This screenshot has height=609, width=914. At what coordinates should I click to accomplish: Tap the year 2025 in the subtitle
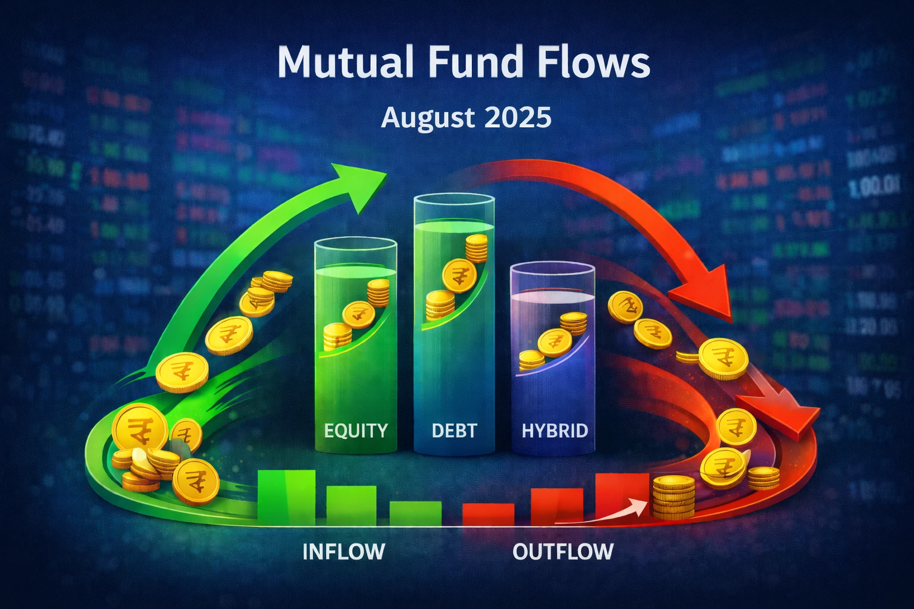518,117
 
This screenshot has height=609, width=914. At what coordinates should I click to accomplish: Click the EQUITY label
356,430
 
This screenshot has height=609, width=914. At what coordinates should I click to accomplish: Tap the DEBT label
454,430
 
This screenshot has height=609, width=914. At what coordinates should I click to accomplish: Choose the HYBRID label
555,430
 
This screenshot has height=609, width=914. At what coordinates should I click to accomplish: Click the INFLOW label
343,551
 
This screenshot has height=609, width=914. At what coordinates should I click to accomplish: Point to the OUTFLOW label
563,551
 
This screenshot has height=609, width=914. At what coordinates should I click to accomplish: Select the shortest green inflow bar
415,513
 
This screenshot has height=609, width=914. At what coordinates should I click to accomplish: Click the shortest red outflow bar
488,514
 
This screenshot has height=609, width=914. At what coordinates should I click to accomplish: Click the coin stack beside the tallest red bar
674,498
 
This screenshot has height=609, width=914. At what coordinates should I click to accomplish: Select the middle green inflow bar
351,506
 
